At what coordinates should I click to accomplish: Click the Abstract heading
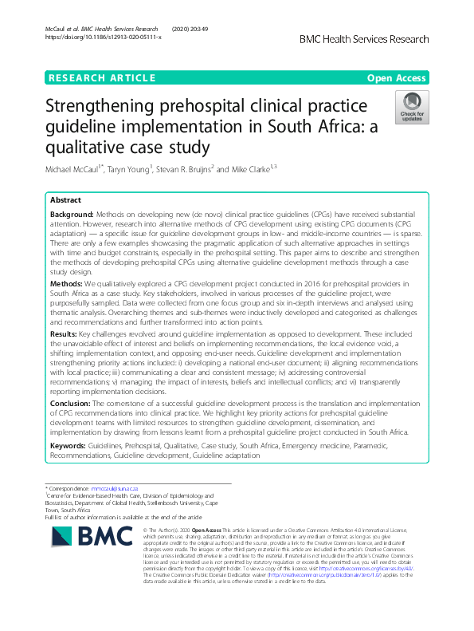pyautogui.click(x=66, y=202)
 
